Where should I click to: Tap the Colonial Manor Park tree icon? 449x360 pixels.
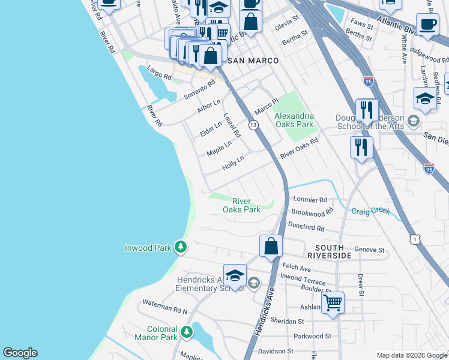187,331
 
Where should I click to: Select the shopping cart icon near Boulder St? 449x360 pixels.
333,302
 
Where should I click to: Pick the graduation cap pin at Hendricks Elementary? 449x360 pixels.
235,275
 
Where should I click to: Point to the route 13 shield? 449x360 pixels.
253,125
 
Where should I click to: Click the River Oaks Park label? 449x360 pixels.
241,205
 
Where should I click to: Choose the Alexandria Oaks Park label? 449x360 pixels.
294,120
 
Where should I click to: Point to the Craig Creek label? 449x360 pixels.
370,211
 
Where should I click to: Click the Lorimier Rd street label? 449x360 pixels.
309,200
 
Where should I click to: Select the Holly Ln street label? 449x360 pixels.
233,163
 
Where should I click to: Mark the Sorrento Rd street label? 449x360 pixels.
199,90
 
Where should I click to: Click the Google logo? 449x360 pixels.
20,353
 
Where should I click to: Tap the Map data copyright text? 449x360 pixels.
411,355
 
